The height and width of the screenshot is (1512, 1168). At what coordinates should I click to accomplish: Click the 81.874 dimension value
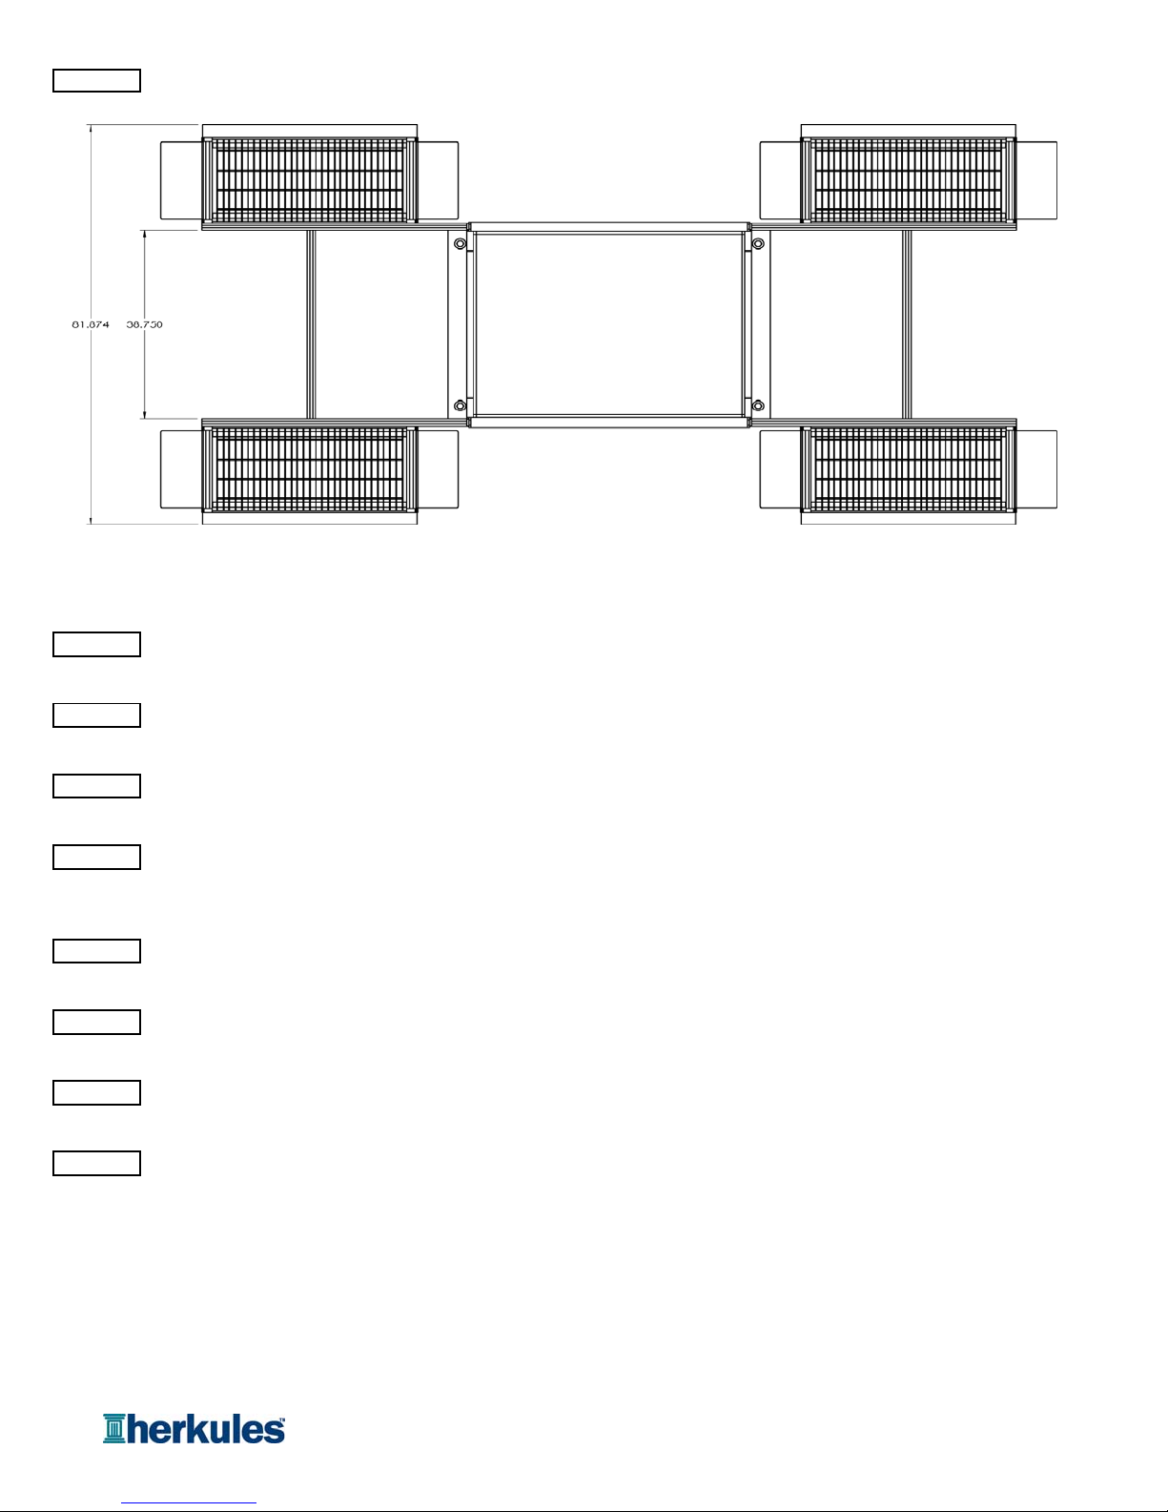(x=91, y=324)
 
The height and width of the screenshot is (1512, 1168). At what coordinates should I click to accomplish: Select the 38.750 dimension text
(x=145, y=324)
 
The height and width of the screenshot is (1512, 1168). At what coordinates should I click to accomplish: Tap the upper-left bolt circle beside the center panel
(x=461, y=244)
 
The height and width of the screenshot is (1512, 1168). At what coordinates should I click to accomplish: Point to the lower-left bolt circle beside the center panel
(x=461, y=405)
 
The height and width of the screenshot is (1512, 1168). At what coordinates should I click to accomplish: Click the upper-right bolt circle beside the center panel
(x=758, y=244)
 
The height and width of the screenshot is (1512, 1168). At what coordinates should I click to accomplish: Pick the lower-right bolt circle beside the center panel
(x=758, y=405)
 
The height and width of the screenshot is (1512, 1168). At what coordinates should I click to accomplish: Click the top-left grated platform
(x=309, y=179)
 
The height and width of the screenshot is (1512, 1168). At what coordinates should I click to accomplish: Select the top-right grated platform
(x=908, y=179)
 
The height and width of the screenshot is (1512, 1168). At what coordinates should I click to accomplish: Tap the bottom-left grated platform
(x=309, y=469)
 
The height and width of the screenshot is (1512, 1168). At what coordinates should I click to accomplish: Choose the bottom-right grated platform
(x=908, y=469)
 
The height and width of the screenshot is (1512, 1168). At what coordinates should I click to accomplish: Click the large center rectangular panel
(x=608, y=324)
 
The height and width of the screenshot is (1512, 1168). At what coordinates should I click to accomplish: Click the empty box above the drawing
(x=96, y=80)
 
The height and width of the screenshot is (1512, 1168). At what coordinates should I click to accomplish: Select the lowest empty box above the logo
(x=96, y=1163)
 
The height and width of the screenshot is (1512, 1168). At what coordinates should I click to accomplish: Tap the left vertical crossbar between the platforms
(x=311, y=324)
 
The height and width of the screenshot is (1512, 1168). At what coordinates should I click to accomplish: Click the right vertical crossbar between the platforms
(x=907, y=324)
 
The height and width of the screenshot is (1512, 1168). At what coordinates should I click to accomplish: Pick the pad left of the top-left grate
(x=180, y=179)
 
